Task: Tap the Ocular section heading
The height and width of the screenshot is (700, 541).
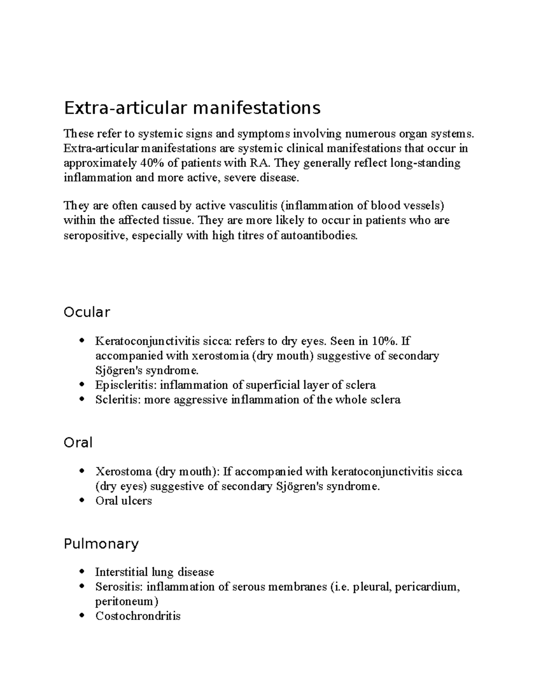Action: pos(87,312)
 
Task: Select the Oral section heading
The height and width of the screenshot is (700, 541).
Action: pos(78,442)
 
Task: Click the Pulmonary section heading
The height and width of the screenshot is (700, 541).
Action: pos(101,544)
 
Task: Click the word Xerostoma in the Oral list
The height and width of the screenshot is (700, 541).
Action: pos(123,471)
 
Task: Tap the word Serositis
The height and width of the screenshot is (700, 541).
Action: pos(118,587)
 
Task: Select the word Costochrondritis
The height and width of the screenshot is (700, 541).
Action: pos(138,616)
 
